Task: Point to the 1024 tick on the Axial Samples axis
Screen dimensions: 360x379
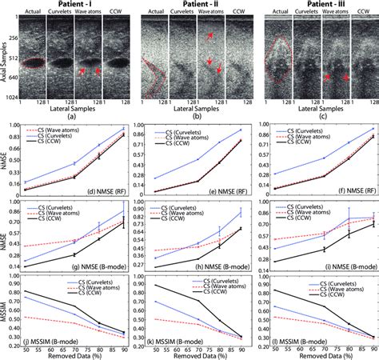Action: coord(12,96)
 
